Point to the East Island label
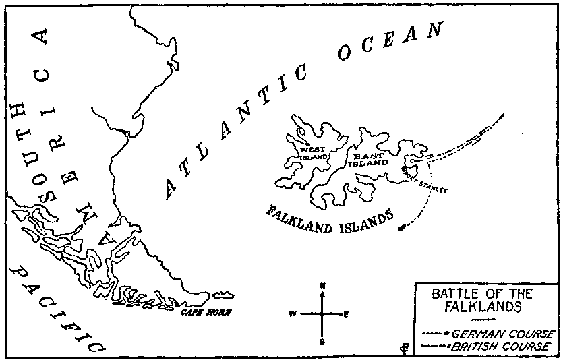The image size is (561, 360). [369, 159]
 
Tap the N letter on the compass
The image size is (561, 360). [323, 286]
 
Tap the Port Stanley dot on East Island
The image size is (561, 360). [404, 168]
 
